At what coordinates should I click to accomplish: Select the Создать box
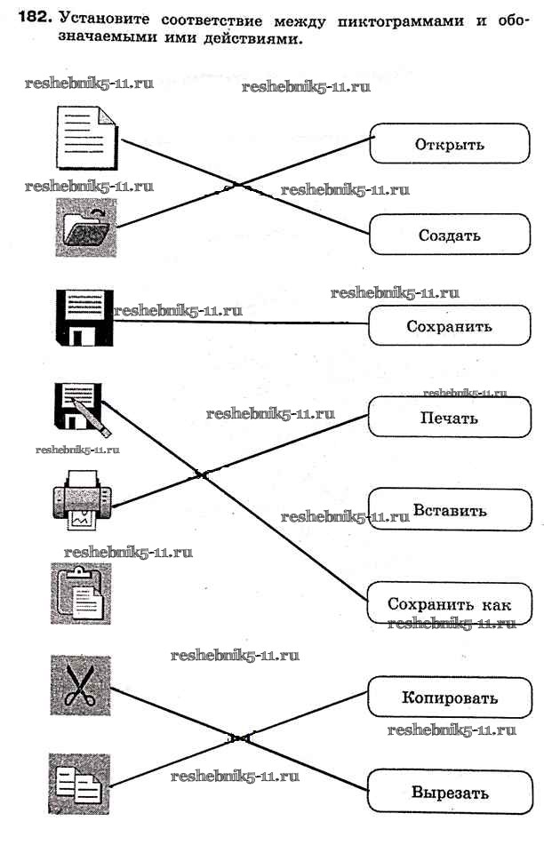(449, 235)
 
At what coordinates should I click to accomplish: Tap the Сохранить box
(449, 326)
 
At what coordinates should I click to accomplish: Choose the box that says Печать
(449, 418)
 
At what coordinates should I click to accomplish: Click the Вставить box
(449, 511)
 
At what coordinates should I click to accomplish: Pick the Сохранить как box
(449, 604)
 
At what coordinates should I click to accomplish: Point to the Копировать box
(449, 698)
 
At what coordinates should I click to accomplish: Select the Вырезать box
(449, 793)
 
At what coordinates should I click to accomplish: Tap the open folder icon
(85, 227)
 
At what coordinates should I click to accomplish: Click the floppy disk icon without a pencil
(81, 317)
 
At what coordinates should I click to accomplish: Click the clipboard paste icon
(81, 593)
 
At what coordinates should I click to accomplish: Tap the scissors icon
(81, 685)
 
